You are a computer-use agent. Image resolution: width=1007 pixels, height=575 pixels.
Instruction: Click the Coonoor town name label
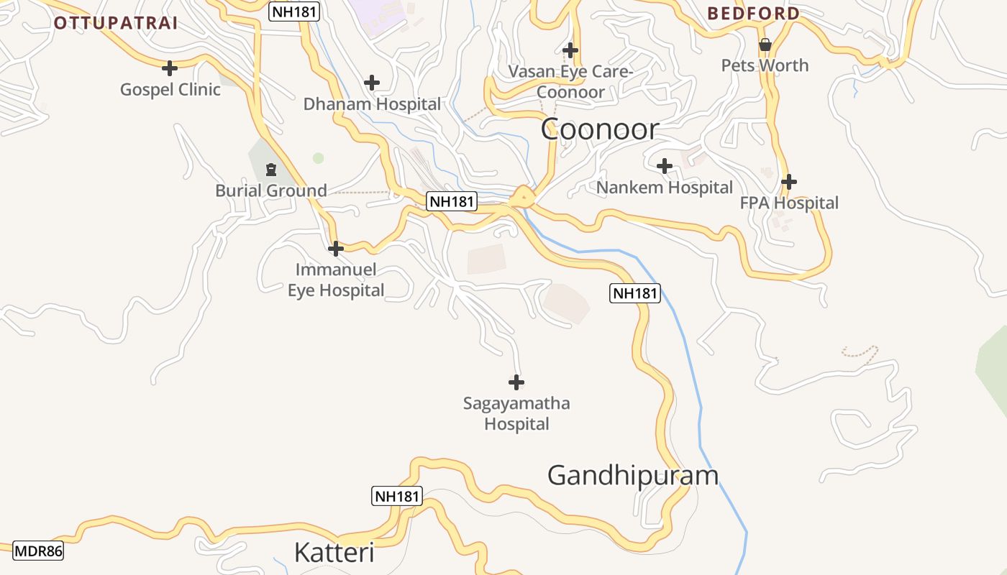click(x=599, y=129)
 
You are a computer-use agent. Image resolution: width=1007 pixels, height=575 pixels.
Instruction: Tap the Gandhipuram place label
click(x=633, y=476)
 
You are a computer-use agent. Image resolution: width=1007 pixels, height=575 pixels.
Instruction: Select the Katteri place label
click(x=334, y=553)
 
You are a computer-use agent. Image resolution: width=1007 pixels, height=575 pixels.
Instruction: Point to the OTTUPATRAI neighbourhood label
click(x=116, y=22)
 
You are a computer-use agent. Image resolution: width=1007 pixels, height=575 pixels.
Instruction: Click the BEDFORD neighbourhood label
click(x=753, y=13)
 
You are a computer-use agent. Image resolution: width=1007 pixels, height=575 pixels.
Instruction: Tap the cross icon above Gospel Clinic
click(x=170, y=68)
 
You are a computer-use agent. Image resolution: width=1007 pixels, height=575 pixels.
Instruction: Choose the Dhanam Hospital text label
click(x=372, y=104)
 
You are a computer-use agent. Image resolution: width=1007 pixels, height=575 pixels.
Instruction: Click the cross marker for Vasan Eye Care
click(x=570, y=50)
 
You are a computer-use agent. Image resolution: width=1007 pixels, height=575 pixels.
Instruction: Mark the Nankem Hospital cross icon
click(x=665, y=166)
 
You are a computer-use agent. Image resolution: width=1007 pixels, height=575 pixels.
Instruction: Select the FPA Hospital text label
click(x=789, y=203)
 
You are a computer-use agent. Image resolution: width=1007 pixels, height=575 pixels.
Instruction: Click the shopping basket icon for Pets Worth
click(x=765, y=45)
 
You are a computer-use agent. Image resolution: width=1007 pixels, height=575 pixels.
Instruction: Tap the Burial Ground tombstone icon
click(x=271, y=170)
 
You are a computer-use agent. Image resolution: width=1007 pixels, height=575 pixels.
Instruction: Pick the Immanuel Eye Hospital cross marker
click(x=335, y=249)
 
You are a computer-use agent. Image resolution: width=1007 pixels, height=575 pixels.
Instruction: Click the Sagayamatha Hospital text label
click(x=516, y=413)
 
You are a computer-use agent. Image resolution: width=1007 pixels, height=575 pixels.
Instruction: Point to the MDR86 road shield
click(x=38, y=551)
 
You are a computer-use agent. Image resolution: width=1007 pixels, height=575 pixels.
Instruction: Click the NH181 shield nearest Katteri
click(x=396, y=496)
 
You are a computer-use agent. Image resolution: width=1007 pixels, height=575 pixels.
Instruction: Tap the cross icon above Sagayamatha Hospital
click(x=516, y=382)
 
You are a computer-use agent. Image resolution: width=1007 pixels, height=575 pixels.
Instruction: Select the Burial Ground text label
click(x=271, y=191)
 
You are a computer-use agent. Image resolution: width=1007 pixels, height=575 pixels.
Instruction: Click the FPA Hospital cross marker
click(x=789, y=182)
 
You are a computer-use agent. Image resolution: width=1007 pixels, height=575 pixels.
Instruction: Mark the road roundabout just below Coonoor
click(x=523, y=195)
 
